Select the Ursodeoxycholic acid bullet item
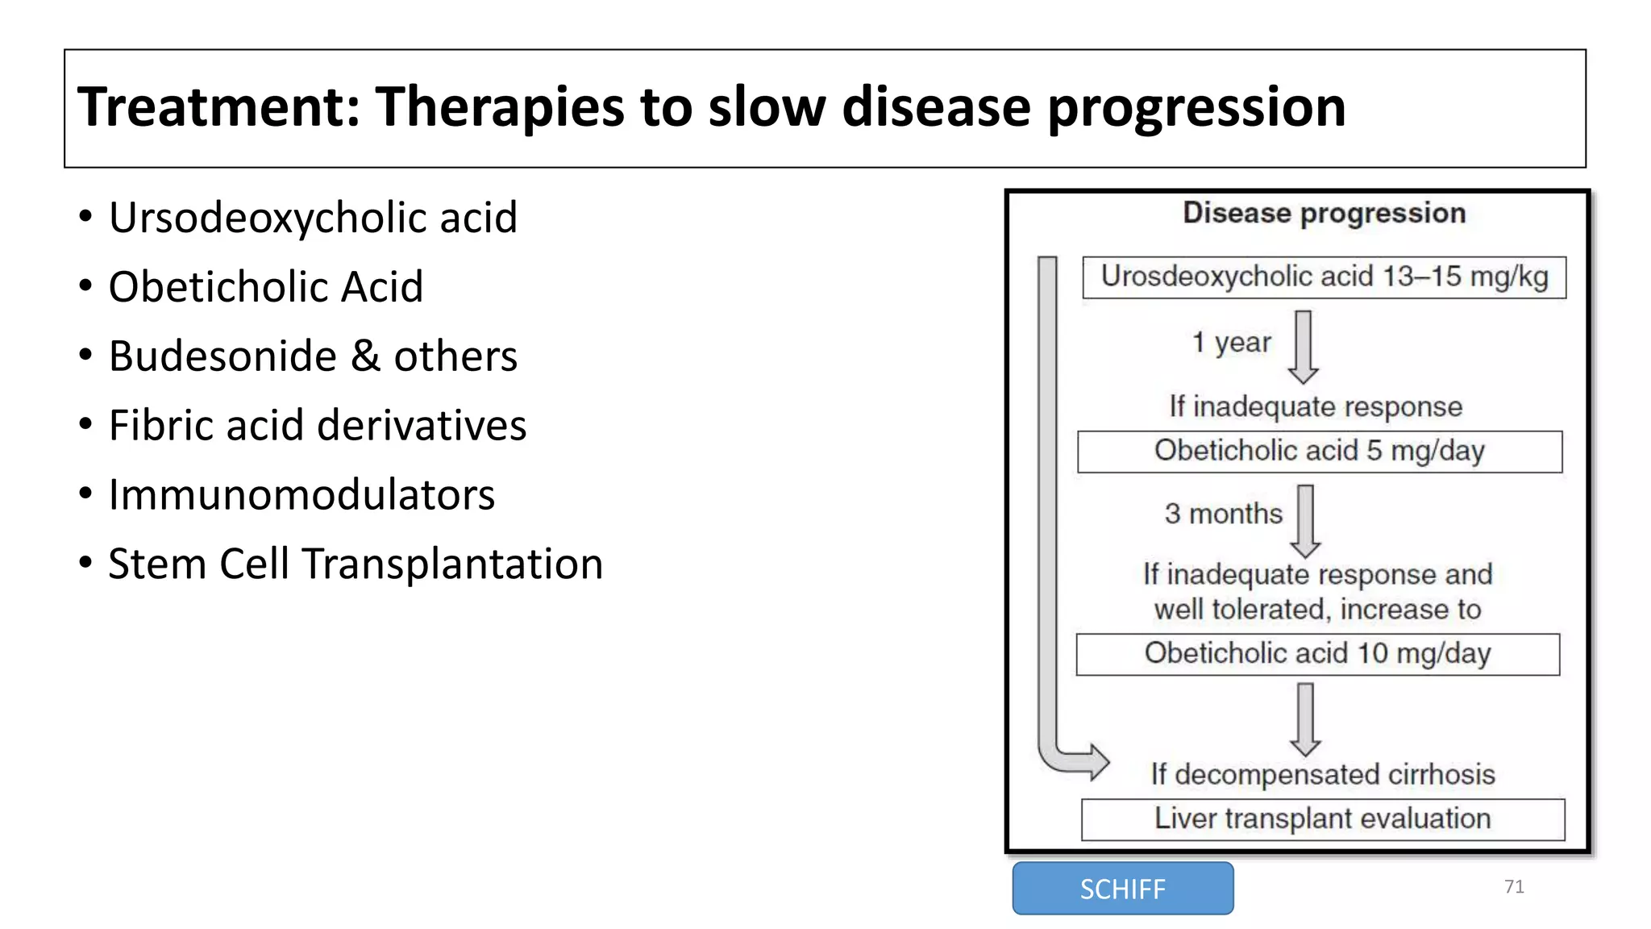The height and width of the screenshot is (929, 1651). [313, 218]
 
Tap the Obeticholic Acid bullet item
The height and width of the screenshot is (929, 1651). [265, 287]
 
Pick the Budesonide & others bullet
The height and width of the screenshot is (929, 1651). [313, 356]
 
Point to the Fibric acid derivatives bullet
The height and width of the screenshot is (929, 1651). [317, 426]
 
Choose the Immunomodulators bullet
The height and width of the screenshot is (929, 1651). [302, 495]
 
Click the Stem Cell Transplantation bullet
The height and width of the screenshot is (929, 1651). [356, 564]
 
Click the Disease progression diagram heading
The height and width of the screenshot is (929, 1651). [1324, 214]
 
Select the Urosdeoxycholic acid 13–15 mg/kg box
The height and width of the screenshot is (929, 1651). [1324, 277]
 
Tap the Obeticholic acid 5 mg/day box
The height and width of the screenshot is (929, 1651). [1319, 452]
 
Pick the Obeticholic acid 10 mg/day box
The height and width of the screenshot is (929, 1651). [1317, 654]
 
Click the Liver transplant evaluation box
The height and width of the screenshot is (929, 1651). [1322, 819]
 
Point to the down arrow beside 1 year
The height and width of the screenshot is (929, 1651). [1304, 348]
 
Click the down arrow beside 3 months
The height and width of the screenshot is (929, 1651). [1305, 521]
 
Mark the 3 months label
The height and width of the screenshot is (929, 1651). [1223, 514]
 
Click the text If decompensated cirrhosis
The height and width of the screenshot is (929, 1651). [1322, 775]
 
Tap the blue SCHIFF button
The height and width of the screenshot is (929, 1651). [1122, 889]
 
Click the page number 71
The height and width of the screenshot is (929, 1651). [1514, 887]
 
